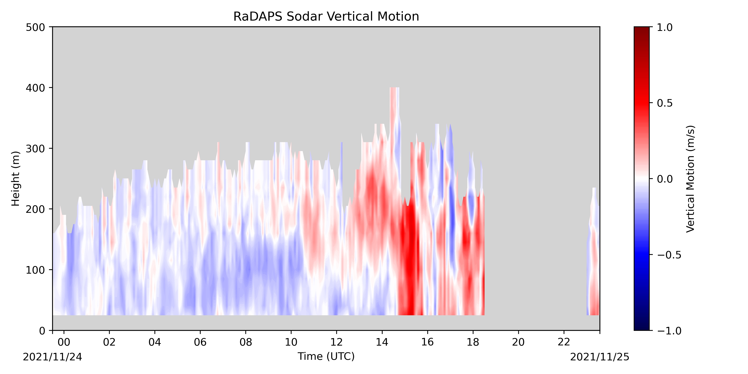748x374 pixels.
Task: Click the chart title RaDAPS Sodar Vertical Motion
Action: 326,17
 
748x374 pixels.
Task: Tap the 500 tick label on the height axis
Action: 35,27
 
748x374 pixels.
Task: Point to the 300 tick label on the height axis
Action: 35,149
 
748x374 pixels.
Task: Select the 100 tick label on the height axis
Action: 35,270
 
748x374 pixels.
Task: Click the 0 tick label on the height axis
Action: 42,331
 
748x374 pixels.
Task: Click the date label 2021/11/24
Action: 53,357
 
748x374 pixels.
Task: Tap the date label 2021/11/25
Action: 600,357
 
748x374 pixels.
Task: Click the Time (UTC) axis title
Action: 326,356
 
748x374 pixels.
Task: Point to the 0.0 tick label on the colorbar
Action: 665,179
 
